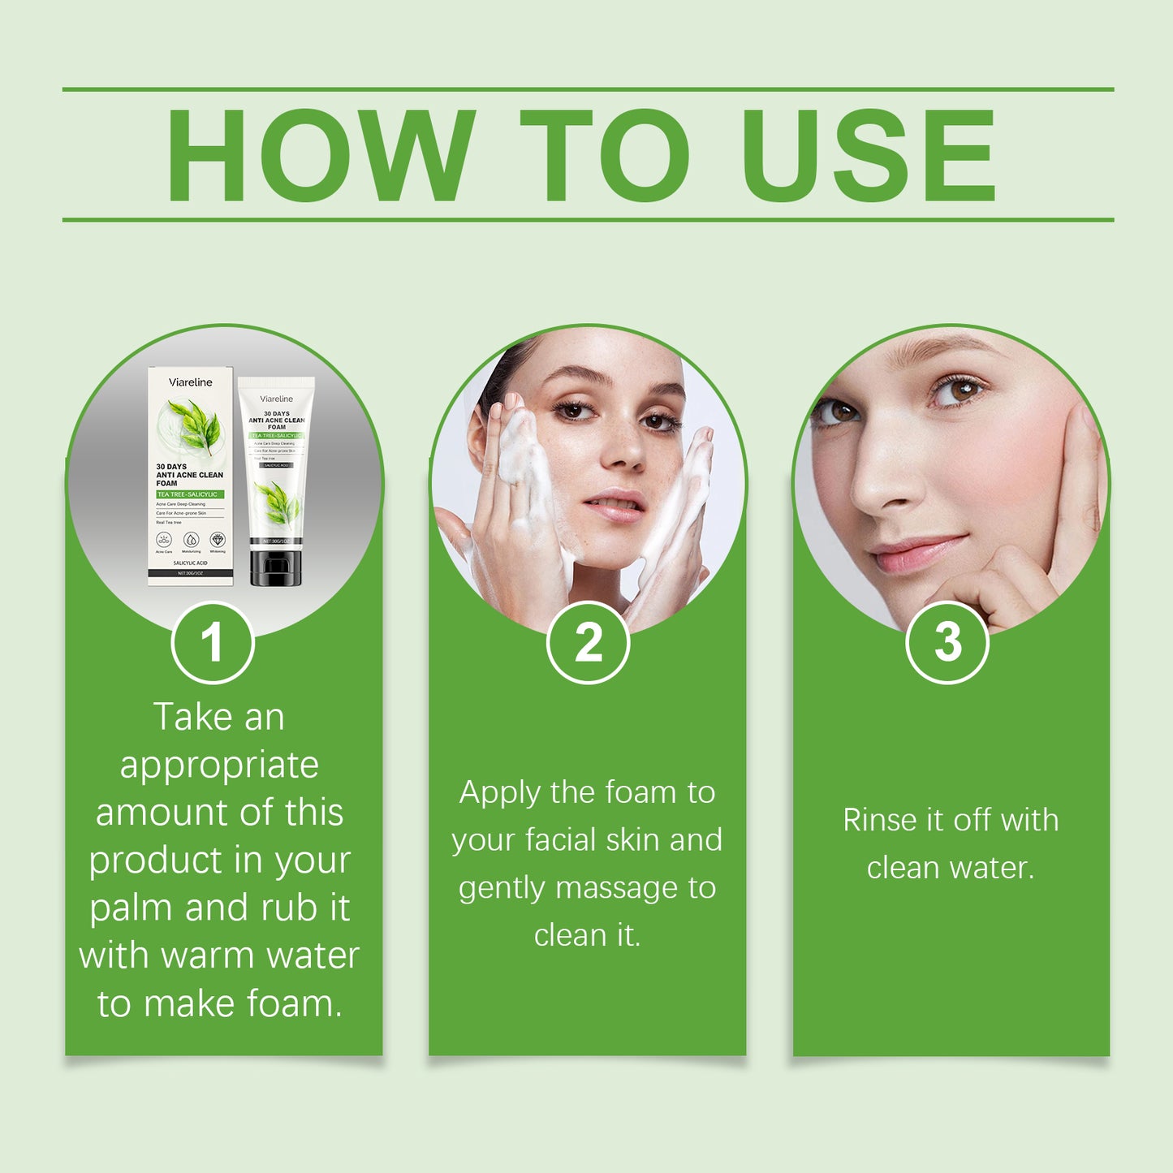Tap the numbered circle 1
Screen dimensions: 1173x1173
(x=213, y=643)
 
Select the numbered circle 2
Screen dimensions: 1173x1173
(x=588, y=643)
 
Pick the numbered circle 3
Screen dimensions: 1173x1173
(x=947, y=643)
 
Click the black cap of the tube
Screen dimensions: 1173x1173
(x=276, y=567)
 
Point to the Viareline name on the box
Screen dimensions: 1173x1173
(x=190, y=382)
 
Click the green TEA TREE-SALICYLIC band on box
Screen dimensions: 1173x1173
(x=189, y=494)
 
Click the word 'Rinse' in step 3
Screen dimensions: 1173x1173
(x=879, y=821)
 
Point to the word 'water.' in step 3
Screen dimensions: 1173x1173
(x=991, y=869)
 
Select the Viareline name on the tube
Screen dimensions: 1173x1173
(x=276, y=399)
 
